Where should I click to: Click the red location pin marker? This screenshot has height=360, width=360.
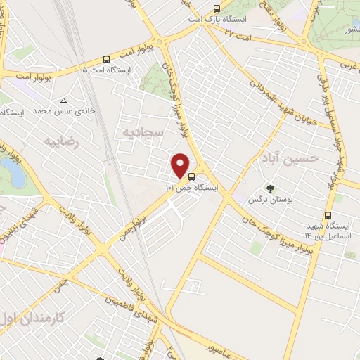[x=181, y=165]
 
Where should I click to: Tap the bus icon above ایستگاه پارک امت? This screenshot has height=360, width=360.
[x=217, y=8]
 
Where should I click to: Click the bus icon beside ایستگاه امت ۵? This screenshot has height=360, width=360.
[x=106, y=60]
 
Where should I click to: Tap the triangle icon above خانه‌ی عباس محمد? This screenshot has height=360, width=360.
[x=65, y=100]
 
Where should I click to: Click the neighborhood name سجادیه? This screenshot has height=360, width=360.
[x=143, y=132]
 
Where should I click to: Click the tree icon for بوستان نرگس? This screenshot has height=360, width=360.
[x=269, y=188]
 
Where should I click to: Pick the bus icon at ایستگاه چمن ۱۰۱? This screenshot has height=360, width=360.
[x=212, y=178]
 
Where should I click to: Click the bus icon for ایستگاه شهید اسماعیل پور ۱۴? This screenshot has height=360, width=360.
[x=327, y=216]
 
